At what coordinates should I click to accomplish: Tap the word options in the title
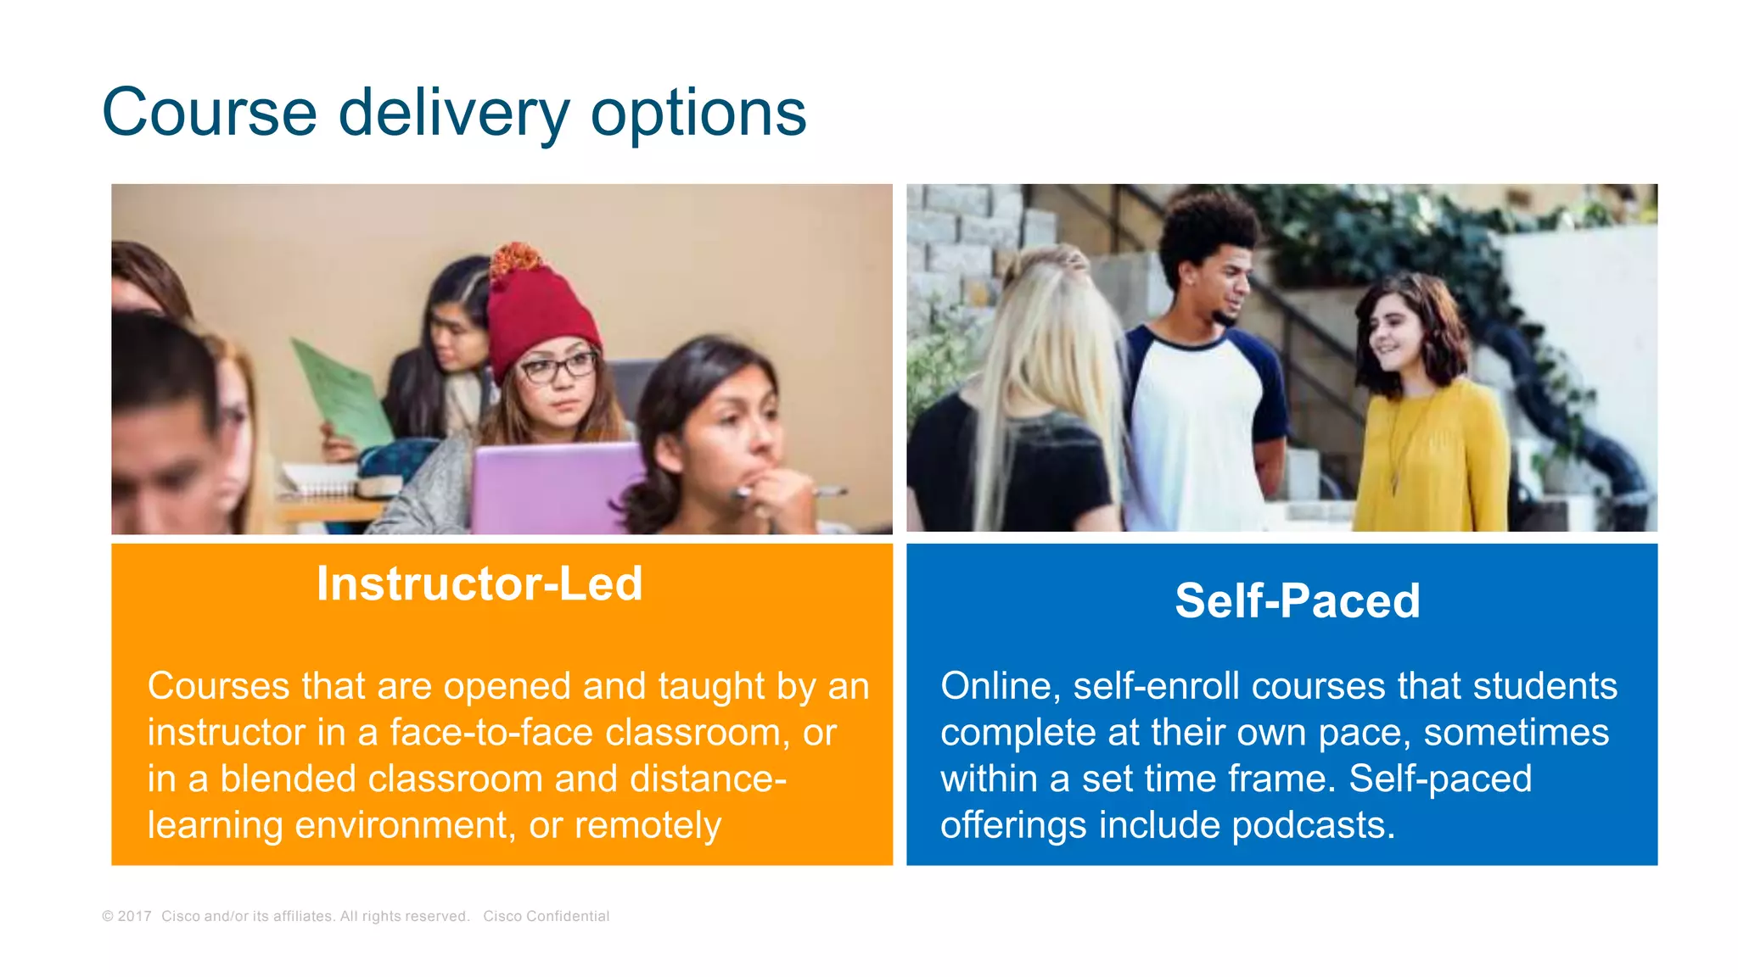point(698,113)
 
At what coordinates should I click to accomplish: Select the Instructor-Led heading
point(479,584)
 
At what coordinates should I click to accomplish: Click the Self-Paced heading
point(1297,601)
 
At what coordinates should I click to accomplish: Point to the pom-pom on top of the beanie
point(516,258)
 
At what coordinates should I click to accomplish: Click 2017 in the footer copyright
point(134,917)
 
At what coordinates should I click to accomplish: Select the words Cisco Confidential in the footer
point(546,917)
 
